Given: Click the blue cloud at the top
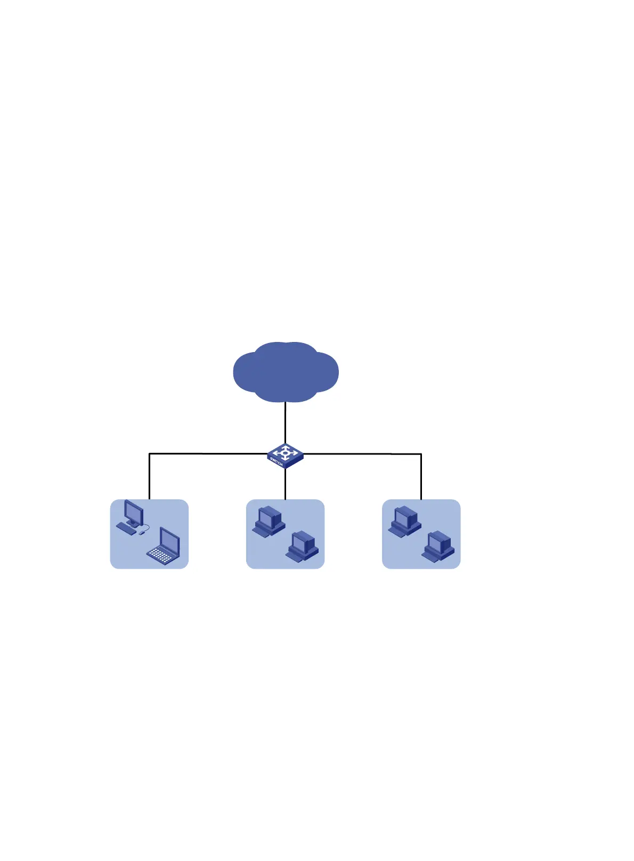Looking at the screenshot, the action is [x=286, y=372].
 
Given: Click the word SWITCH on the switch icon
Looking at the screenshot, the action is [x=276, y=461].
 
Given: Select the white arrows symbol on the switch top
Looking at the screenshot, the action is [x=286, y=453].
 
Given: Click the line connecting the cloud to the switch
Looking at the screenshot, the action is [x=286, y=421].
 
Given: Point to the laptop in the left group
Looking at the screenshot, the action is [x=164, y=547].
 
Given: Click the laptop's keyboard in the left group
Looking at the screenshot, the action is [x=161, y=555].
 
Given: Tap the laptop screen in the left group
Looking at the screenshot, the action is [x=170, y=541].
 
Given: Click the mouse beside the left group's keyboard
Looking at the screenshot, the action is [x=142, y=532].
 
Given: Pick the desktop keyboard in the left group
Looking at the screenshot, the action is [x=126, y=529].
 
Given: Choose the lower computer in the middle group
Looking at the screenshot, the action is [x=302, y=546].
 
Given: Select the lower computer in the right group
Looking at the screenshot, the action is [x=438, y=546].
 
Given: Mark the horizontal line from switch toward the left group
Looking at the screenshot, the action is [x=208, y=454].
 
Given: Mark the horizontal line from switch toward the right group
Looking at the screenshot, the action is [x=362, y=454].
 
